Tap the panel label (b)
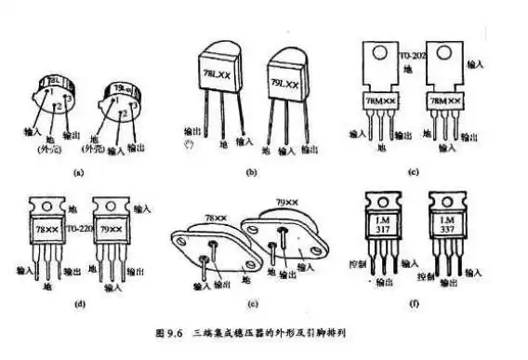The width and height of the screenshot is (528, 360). (250, 174)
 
